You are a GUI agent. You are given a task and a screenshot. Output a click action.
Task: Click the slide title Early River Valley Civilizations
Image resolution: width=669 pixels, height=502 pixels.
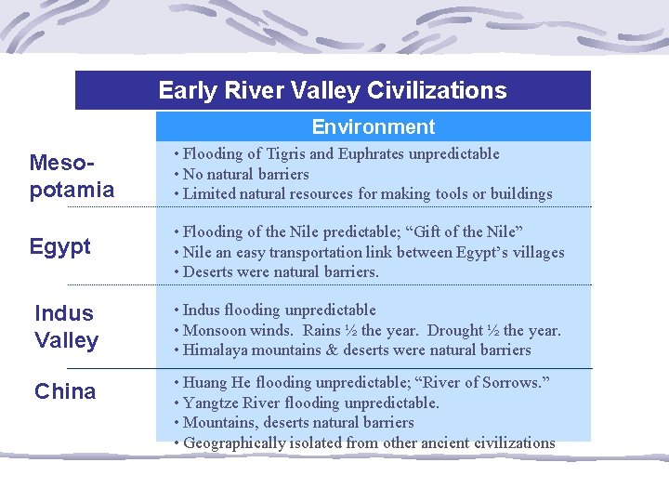333,90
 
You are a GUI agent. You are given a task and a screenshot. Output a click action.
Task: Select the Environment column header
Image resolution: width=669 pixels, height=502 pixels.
373,126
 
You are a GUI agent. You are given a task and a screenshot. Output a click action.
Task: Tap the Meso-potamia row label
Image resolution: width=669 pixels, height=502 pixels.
72,177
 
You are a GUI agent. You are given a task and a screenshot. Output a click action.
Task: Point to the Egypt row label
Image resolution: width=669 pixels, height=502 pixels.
60,246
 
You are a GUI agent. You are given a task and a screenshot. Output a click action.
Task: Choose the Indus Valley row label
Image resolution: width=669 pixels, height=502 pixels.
66,326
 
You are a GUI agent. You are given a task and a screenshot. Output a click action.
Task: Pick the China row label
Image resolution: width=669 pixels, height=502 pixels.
65,391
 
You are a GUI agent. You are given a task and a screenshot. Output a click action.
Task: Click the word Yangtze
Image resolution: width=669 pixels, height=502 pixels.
215,403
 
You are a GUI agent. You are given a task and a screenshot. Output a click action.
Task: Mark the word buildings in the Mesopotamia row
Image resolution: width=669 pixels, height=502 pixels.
519,194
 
